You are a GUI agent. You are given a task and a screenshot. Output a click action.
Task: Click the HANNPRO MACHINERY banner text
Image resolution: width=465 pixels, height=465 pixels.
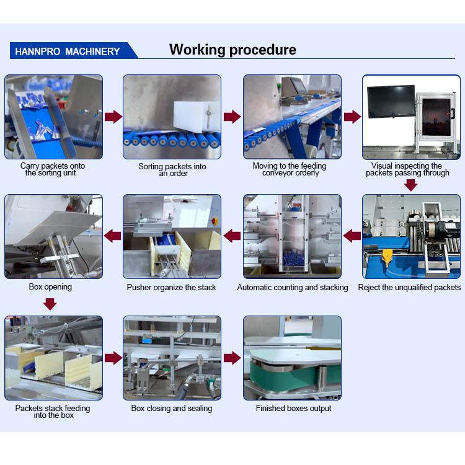[67, 51]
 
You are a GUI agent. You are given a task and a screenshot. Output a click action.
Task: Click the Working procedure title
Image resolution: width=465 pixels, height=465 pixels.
[232, 50]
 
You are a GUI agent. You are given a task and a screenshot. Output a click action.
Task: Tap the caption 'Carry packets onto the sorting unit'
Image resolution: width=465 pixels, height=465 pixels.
[53, 169]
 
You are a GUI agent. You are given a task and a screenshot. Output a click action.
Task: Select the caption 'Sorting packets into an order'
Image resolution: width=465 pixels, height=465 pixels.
[172, 170]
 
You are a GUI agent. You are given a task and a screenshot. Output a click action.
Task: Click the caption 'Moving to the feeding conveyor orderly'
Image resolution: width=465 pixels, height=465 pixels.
[290, 169]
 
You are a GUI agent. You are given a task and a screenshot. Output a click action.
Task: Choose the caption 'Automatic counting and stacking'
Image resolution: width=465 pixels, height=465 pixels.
[293, 287]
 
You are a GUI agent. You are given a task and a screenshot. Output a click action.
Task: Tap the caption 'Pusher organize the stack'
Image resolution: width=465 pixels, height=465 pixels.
[172, 287]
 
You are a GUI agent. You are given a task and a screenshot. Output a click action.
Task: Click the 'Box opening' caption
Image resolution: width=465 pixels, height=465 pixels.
[50, 287]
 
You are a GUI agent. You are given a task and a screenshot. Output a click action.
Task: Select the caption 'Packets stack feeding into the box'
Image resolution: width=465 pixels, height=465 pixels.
[53, 412]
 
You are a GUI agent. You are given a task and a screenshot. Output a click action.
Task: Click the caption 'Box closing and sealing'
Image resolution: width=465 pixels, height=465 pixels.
[172, 408]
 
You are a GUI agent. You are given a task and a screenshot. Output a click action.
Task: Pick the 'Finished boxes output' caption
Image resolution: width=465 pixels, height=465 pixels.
[293, 408]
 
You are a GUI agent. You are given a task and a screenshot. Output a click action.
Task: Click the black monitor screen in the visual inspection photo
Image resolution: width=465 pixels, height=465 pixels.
[391, 102]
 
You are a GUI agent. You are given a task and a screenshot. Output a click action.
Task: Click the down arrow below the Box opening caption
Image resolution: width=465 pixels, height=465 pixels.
[50, 304]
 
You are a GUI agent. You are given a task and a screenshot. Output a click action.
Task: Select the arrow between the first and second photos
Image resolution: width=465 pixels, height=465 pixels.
[113, 117]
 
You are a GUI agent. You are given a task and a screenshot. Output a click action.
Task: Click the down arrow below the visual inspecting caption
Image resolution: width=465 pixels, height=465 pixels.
[410, 184]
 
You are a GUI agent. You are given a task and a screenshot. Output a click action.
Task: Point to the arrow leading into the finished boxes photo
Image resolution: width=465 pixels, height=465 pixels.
[232, 358]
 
